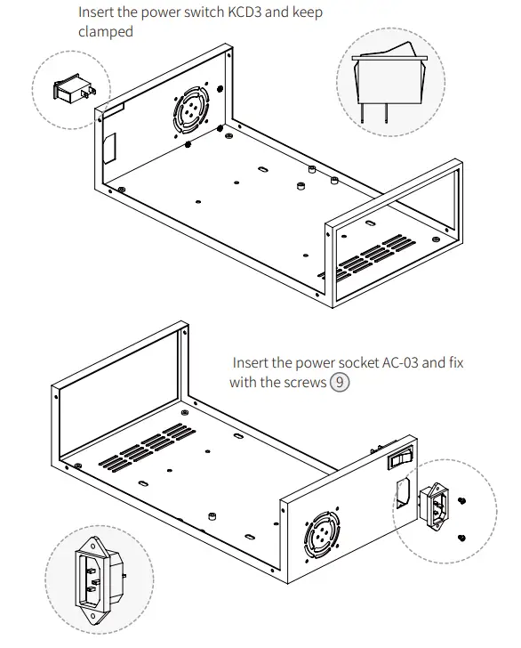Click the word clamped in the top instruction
[x=106, y=32]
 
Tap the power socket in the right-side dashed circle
[x=440, y=505]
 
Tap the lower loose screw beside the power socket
[x=461, y=538]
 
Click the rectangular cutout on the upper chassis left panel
[x=111, y=148]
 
